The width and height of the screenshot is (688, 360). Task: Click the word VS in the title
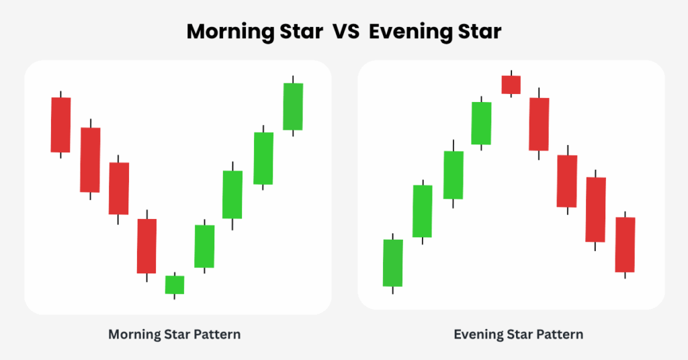click(346, 32)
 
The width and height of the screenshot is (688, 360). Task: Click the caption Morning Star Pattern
click(175, 334)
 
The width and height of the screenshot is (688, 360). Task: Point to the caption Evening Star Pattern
click(519, 334)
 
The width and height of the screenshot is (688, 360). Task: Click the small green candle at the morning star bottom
click(175, 285)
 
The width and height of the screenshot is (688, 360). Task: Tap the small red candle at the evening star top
click(511, 85)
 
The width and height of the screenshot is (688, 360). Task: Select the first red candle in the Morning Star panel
click(61, 125)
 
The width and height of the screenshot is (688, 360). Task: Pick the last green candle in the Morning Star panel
click(293, 107)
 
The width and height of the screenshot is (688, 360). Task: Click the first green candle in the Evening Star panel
click(392, 263)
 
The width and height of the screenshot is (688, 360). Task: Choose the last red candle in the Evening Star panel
click(626, 244)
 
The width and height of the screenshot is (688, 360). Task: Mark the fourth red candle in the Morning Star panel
click(147, 246)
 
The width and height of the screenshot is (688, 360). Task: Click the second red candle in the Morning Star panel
click(91, 160)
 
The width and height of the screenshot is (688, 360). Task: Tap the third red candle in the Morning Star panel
click(119, 189)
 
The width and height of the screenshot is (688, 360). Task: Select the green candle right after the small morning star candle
click(204, 246)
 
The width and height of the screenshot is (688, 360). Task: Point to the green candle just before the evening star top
click(481, 123)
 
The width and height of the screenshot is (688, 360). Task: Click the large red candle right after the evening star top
click(539, 124)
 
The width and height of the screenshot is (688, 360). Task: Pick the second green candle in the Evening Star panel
click(423, 212)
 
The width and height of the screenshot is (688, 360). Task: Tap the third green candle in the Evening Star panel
click(454, 175)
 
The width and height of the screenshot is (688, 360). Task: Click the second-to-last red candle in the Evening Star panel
click(595, 210)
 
